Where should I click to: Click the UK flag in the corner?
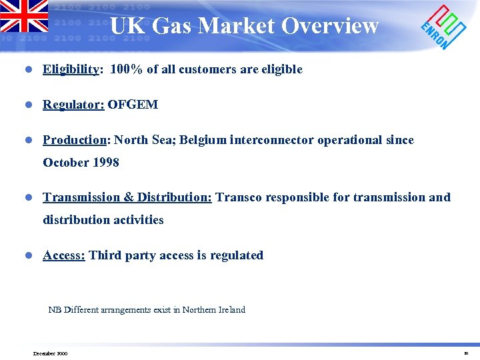click(x=24, y=16)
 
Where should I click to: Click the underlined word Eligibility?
click(x=71, y=69)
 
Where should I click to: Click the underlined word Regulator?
click(x=73, y=105)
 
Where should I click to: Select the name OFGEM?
click(x=133, y=105)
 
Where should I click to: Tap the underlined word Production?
click(x=75, y=140)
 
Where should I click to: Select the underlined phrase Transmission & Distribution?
click(x=127, y=197)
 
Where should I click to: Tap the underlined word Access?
click(x=63, y=255)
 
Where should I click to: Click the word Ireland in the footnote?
click(x=231, y=309)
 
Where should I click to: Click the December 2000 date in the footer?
click(x=50, y=353)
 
